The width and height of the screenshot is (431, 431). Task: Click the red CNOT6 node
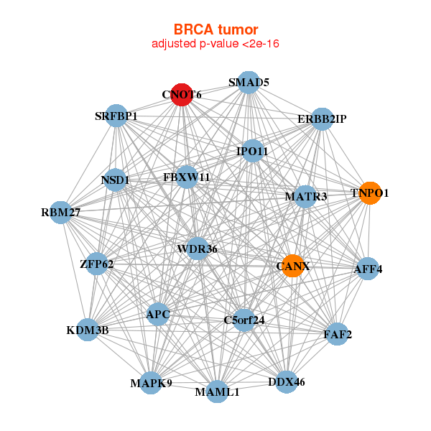click(182, 95)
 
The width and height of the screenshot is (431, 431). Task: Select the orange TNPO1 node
click(369, 193)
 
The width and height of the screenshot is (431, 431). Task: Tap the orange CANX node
click(292, 266)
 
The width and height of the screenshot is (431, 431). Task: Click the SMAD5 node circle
click(249, 83)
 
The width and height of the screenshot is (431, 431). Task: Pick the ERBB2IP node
click(322, 119)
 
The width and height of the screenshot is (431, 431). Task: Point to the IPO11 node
click(252, 151)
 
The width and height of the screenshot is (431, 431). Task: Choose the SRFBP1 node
click(116, 116)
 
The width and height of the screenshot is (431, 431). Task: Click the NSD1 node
click(115, 180)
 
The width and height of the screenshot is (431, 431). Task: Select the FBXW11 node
click(187, 176)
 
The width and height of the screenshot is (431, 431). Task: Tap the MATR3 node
click(305, 196)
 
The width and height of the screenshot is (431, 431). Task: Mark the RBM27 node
click(61, 212)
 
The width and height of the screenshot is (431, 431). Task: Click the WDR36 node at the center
click(197, 249)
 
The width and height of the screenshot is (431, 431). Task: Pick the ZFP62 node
click(97, 264)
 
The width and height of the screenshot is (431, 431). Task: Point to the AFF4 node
click(368, 269)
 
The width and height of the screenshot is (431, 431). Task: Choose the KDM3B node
click(88, 330)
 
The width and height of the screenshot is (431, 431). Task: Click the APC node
click(158, 314)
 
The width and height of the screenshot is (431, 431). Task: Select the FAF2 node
click(337, 334)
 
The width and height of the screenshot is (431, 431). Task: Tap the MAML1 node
click(217, 392)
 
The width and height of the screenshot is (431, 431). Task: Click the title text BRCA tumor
click(215, 29)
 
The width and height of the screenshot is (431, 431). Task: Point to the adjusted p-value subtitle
click(215, 44)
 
